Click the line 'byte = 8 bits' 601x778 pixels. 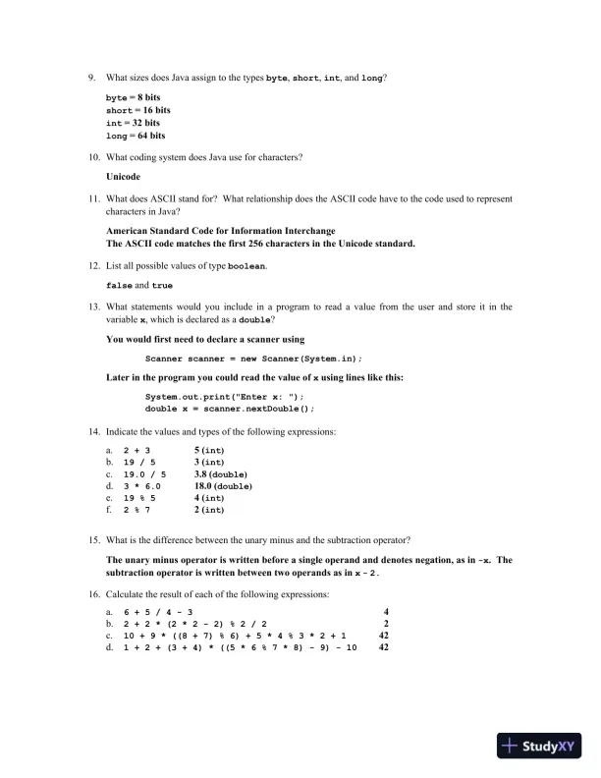coord(133,98)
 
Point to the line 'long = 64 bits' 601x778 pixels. coord(135,136)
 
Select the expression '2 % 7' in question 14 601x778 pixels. coord(137,510)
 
